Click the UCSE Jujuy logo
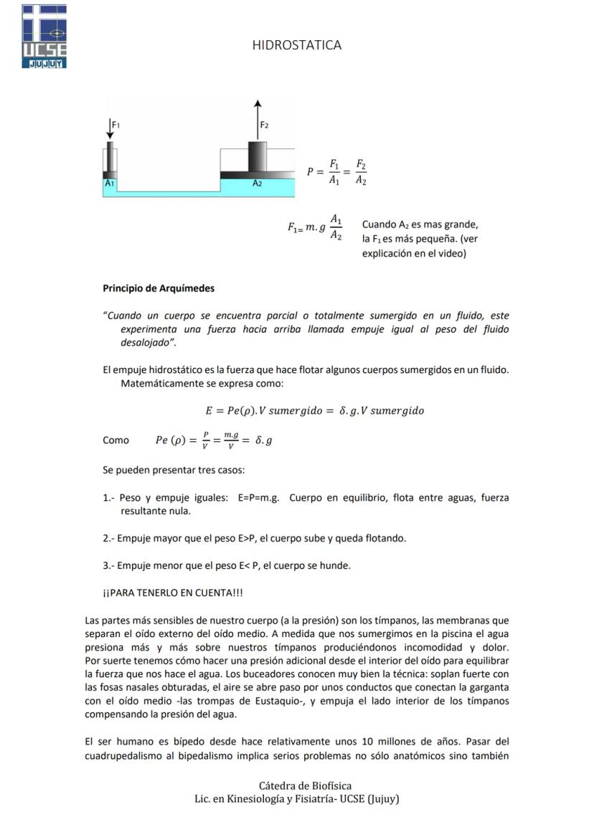coord(44,36)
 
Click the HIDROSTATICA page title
coord(296,45)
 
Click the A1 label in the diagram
coord(109,184)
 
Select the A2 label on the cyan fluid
coord(257,184)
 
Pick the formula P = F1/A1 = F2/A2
coord(336,172)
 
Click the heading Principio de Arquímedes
coord(159,288)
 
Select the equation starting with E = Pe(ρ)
coord(314,410)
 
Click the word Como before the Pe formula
coord(116,440)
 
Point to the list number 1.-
coord(109,498)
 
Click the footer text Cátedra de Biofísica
coord(305,785)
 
